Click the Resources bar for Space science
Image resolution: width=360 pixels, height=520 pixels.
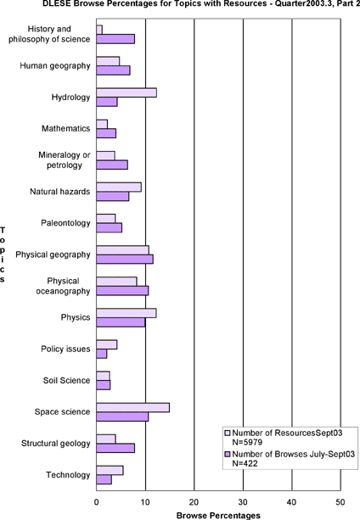coord(133,407)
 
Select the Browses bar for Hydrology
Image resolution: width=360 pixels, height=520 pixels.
coord(107,102)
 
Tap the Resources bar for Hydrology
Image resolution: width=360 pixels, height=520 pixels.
coord(127,92)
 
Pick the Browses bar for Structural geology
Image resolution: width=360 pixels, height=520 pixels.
coord(115,448)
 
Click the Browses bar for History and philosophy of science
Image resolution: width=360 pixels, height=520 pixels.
coord(115,39)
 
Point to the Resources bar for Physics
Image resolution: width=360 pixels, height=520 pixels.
coord(127,313)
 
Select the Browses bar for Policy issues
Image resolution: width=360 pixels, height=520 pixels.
coord(102,354)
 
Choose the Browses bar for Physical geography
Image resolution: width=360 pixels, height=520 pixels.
coord(125,260)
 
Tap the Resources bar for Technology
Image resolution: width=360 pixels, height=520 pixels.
coord(110,470)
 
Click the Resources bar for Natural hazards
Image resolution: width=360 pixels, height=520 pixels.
coord(119,187)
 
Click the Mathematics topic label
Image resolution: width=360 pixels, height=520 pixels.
coord(65,128)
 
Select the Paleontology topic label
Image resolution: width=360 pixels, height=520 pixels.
coord(65,223)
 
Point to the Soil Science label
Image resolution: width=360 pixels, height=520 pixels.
coord(66,380)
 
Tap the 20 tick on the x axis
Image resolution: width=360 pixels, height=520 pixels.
coord(194,502)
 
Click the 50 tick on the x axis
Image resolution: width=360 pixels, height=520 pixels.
coord(340,502)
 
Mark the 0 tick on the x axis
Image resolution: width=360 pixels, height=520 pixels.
coord(97,502)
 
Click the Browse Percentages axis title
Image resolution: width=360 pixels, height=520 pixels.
coord(218,516)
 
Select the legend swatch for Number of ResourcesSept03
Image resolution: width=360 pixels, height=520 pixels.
coord(228,433)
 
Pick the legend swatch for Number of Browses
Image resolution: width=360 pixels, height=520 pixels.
coord(228,454)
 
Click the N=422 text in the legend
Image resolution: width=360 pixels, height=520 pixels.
coord(245,463)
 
